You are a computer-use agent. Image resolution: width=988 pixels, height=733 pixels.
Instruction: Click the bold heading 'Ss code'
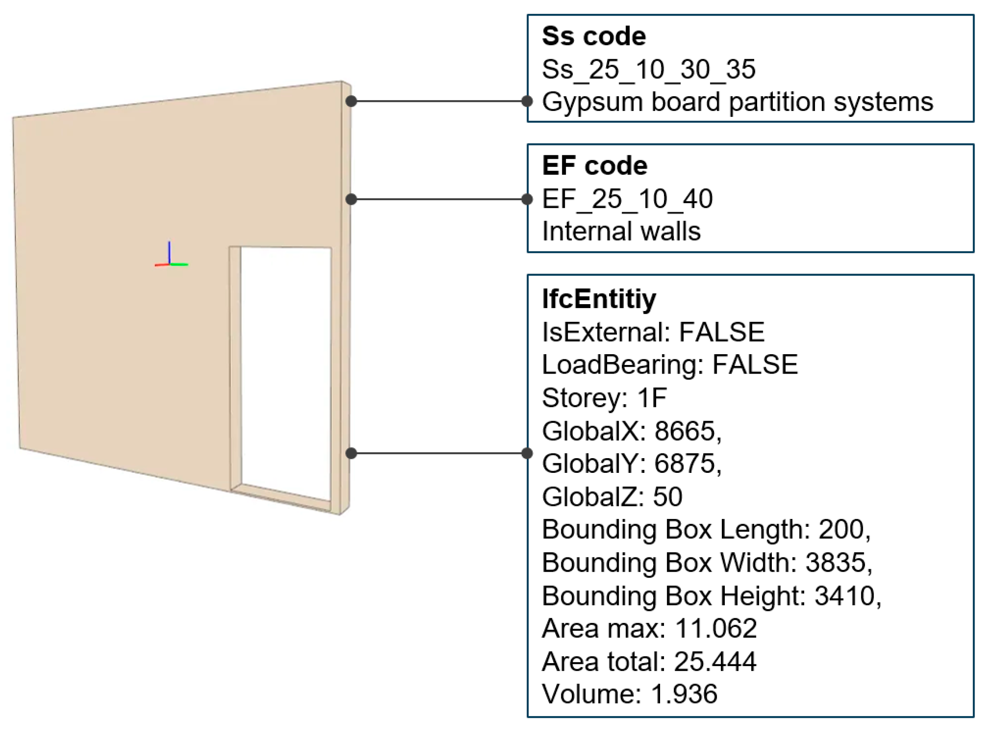coord(594,36)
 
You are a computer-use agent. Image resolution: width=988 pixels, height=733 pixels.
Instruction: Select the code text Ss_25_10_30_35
coord(648,69)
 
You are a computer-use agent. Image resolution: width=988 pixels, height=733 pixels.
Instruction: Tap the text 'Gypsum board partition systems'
coord(737,102)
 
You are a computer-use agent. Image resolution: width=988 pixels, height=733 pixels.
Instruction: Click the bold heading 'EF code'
coord(595,166)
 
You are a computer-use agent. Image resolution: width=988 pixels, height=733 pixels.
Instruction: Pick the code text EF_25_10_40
coord(627,199)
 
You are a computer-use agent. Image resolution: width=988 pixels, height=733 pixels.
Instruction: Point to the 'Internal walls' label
coord(621,232)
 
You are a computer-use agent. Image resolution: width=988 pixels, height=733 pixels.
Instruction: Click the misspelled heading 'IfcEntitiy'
coord(598,299)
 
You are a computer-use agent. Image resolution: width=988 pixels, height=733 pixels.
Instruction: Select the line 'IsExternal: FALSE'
coord(653,332)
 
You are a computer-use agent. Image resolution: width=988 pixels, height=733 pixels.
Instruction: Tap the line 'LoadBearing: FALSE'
coord(670,365)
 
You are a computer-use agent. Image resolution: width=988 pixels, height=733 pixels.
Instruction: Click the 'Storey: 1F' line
coord(604,397)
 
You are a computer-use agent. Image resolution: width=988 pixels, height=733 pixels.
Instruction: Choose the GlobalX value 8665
coord(685,431)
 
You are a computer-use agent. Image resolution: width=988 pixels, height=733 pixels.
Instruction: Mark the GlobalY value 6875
coord(685,464)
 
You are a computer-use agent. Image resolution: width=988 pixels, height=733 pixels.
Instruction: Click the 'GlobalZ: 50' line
coord(612,497)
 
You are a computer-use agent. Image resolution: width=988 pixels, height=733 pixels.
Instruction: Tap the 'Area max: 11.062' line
coord(649,628)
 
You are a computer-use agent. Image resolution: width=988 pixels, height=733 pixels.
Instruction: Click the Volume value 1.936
coord(684,694)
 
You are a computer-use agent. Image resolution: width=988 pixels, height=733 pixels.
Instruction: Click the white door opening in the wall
coord(286,368)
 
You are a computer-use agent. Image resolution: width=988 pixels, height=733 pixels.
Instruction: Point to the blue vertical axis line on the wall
coord(169,252)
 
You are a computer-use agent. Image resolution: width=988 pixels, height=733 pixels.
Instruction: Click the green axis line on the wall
coord(179,265)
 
